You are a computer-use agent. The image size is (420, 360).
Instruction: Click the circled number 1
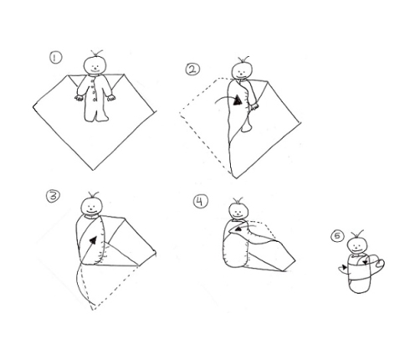pyautogui.click(x=56, y=58)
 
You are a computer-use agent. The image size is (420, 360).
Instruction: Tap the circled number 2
pyautogui.click(x=193, y=69)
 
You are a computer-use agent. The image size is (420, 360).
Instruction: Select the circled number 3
pyautogui.click(x=53, y=196)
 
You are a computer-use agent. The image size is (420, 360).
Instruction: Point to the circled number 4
pyautogui.click(x=201, y=202)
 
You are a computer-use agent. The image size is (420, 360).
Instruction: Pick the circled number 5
pyautogui.click(x=337, y=236)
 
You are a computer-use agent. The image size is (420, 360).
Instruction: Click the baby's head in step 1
pyautogui.click(x=95, y=65)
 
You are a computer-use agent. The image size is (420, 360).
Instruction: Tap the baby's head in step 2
pyautogui.click(x=243, y=71)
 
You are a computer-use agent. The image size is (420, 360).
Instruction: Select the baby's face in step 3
pyautogui.click(x=92, y=207)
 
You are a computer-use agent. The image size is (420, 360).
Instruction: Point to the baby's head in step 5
pyautogui.click(x=357, y=245)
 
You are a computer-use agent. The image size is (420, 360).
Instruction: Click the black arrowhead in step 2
pyautogui.click(x=238, y=100)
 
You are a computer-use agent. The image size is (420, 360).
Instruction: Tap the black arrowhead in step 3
pyautogui.click(x=94, y=240)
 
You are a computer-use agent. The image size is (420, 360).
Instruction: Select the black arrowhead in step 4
pyautogui.click(x=238, y=229)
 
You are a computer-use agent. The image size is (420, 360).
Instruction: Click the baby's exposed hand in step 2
pyautogui.click(x=254, y=106)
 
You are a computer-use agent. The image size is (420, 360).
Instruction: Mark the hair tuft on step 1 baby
pyautogui.click(x=96, y=53)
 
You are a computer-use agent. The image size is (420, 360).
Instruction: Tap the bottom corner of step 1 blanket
pyautogui.click(x=94, y=170)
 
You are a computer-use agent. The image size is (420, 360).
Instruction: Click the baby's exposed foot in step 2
pyautogui.click(x=246, y=126)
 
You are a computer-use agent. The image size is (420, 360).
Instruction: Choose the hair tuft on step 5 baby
pyautogui.click(x=358, y=234)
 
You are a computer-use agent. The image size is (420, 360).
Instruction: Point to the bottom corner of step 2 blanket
pyautogui.click(x=236, y=177)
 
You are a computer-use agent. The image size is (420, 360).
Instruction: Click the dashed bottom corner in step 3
pyautogui.click(x=93, y=309)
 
